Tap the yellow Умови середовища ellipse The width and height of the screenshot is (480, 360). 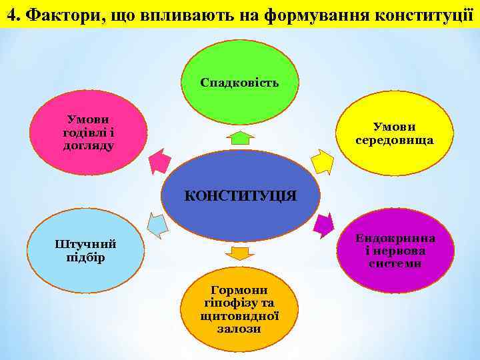coord(395,133)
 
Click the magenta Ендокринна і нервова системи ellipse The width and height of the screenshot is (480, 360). coord(395,251)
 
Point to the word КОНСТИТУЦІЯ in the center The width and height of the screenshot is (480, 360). coord(240,195)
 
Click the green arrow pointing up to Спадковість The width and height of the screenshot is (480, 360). coord(240,138)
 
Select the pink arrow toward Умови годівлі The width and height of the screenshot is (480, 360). coord(159,160)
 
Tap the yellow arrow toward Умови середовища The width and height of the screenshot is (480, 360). coord(322,161)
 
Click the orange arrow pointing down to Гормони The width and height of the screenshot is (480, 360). coord(238,253)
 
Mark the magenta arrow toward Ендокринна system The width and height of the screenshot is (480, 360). coord(323,225)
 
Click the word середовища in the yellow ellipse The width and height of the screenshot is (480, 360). coord(395,140)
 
